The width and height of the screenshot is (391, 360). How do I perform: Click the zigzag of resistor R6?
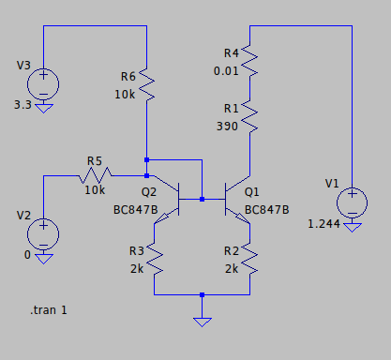click(x=146, y=84)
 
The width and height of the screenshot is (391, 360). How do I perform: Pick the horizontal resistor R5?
click(x=95, y=175)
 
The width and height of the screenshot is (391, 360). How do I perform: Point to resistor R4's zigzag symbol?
click(x=249, y=61)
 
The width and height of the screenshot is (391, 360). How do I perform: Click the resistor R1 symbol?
click(x=249, y=116)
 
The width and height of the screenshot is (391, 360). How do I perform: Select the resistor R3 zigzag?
click(x=155, y=259)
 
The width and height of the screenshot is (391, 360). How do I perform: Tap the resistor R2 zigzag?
click(x=249, y=259)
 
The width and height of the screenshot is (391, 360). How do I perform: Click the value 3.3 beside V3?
click(x=23, y=105)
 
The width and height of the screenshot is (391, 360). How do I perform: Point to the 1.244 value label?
click(x=323, y=224)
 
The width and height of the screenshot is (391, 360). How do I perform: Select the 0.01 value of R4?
click(x=226, y=71)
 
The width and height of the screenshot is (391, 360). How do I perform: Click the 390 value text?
click(x=227, y=127)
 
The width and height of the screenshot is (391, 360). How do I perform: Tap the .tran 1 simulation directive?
click(x=49, y=310)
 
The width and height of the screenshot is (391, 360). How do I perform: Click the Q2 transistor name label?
click(x=149, y=192)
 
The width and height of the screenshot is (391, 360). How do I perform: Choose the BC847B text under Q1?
click(x=267, y=210)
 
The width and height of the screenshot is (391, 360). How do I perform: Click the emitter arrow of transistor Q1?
click(x=243, y=217)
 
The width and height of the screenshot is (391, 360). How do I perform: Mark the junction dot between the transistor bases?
click(x=202, y=199)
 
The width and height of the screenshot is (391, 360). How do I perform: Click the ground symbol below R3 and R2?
click(x=203, y=322)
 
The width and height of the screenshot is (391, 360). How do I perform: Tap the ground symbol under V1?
click(x=353, y=228)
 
